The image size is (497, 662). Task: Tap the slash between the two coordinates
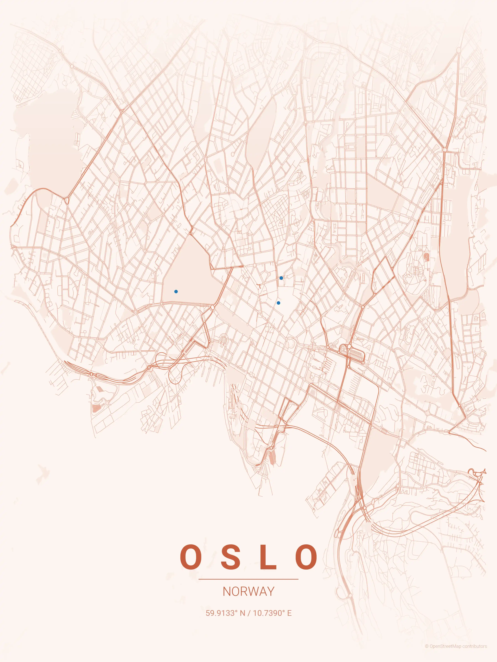(249, 613)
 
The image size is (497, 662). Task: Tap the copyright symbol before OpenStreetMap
(427, 652)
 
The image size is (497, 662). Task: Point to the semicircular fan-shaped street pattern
(224, 339)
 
